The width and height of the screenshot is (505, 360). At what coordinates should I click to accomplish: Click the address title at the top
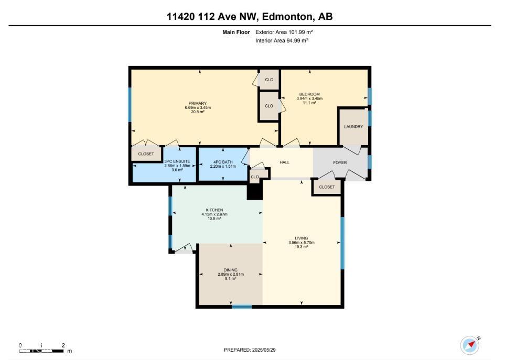[250, 17]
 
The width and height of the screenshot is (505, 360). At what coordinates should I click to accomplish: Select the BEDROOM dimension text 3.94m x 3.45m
[309, 99]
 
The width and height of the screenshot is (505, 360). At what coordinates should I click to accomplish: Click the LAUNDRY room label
[353, 127]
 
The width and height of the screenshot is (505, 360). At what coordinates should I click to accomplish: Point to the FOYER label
[340, 162]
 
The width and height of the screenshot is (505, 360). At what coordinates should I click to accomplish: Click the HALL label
[285, 162]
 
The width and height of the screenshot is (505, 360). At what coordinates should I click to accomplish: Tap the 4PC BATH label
[223, 161]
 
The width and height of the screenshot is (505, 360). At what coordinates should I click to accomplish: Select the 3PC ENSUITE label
[173, 161]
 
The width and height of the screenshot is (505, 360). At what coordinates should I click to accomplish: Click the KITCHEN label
[214, 210]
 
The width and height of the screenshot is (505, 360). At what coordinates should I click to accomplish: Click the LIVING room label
[302, 238]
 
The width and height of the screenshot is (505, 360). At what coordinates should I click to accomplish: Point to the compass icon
[470, 345]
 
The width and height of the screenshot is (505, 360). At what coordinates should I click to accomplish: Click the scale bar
[42, 350]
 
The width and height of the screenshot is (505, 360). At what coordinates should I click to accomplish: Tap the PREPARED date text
[250, 350]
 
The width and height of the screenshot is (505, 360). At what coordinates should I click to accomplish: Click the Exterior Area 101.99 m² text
[284, 32]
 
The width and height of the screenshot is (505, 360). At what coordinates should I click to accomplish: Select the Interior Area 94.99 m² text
[282, 40]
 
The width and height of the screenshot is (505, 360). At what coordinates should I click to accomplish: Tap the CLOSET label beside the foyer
[327, 187]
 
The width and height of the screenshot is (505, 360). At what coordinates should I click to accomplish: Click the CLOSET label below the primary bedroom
[146, 154]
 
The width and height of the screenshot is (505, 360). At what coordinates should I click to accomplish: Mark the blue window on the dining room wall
[242, 307]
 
